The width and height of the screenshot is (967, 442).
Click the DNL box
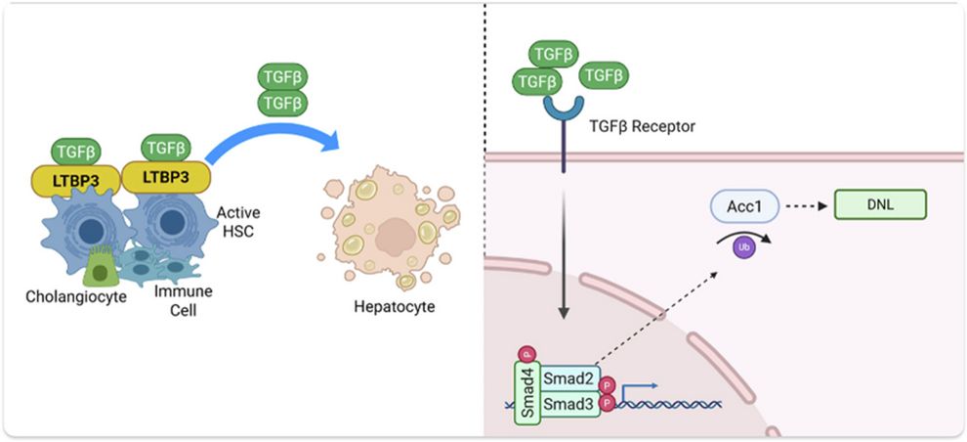(x=880, y=204)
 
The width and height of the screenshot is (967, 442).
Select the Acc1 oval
(x=745, y=205)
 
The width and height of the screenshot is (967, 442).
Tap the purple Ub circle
(x=744, y=247)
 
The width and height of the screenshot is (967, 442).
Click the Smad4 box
(x=527, y=392)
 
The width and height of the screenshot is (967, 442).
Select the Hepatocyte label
(x=394, y=306)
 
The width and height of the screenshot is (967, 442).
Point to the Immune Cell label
(x=184, y=300)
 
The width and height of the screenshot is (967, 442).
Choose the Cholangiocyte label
(x=76, y=297)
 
